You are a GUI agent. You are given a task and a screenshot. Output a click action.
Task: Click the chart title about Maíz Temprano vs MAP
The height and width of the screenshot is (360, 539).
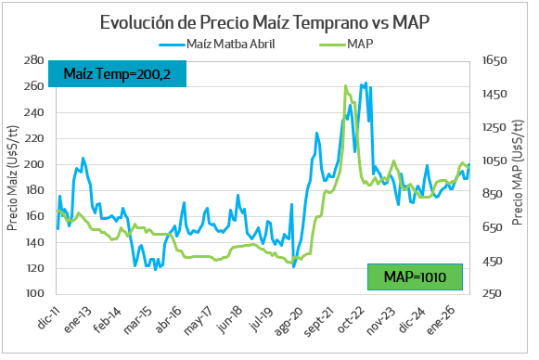265,22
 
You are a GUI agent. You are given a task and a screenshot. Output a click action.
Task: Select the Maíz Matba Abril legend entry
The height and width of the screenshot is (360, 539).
217,45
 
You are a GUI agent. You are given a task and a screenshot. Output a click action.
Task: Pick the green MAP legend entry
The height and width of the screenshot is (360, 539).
347,45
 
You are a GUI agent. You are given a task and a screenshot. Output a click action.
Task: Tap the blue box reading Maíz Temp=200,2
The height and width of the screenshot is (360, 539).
117,74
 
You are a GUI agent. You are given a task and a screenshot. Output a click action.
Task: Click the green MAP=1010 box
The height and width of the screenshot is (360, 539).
415,277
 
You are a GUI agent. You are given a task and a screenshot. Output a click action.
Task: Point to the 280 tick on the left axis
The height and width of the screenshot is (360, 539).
33,60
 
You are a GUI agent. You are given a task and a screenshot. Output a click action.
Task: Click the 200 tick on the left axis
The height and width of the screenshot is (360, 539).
33,164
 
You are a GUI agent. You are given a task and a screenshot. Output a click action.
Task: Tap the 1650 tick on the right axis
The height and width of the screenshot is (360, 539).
494,60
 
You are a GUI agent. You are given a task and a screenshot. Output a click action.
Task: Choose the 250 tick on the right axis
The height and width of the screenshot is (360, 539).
492,293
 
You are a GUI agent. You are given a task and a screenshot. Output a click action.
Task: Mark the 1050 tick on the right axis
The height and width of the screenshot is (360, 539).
494,161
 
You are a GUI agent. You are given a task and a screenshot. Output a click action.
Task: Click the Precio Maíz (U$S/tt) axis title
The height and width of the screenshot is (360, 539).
12,178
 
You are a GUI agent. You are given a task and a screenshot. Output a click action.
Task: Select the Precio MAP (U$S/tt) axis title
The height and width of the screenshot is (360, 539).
518,173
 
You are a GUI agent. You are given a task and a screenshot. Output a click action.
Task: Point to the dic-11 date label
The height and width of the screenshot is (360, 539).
48,317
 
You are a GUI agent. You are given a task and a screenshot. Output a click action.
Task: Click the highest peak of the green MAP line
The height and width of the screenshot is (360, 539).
345,86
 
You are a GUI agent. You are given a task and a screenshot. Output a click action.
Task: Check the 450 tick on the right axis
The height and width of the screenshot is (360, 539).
492,261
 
